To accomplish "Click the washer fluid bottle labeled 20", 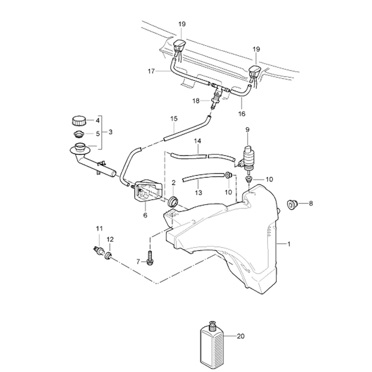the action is pos(211,346).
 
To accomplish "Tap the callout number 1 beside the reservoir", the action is pos(289,244).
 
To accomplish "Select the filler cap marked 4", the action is pos(78,121).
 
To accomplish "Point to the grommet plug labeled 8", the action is pos(292,204).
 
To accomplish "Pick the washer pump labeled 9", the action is pos(247,158).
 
